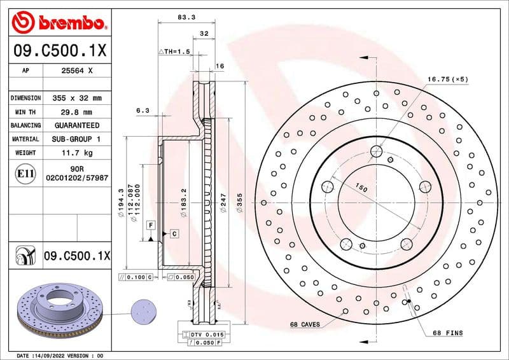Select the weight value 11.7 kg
click(x=76, y=153)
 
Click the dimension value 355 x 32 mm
click(x=76, y=98)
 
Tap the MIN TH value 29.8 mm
click(x=76, y=112)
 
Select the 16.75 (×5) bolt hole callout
click(x=447, y=79)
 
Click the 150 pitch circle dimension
click(x=361, y=188)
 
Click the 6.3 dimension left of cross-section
click(x=143, y=111)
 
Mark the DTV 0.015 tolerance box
click(x=204, y=335)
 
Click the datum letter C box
click(x=173, y=234)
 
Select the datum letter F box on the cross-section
click(x=151, y=225)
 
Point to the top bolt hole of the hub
click(x=376, y=151)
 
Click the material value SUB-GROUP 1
click(x=76, y=139)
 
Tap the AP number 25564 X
click(x=76, y=71)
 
